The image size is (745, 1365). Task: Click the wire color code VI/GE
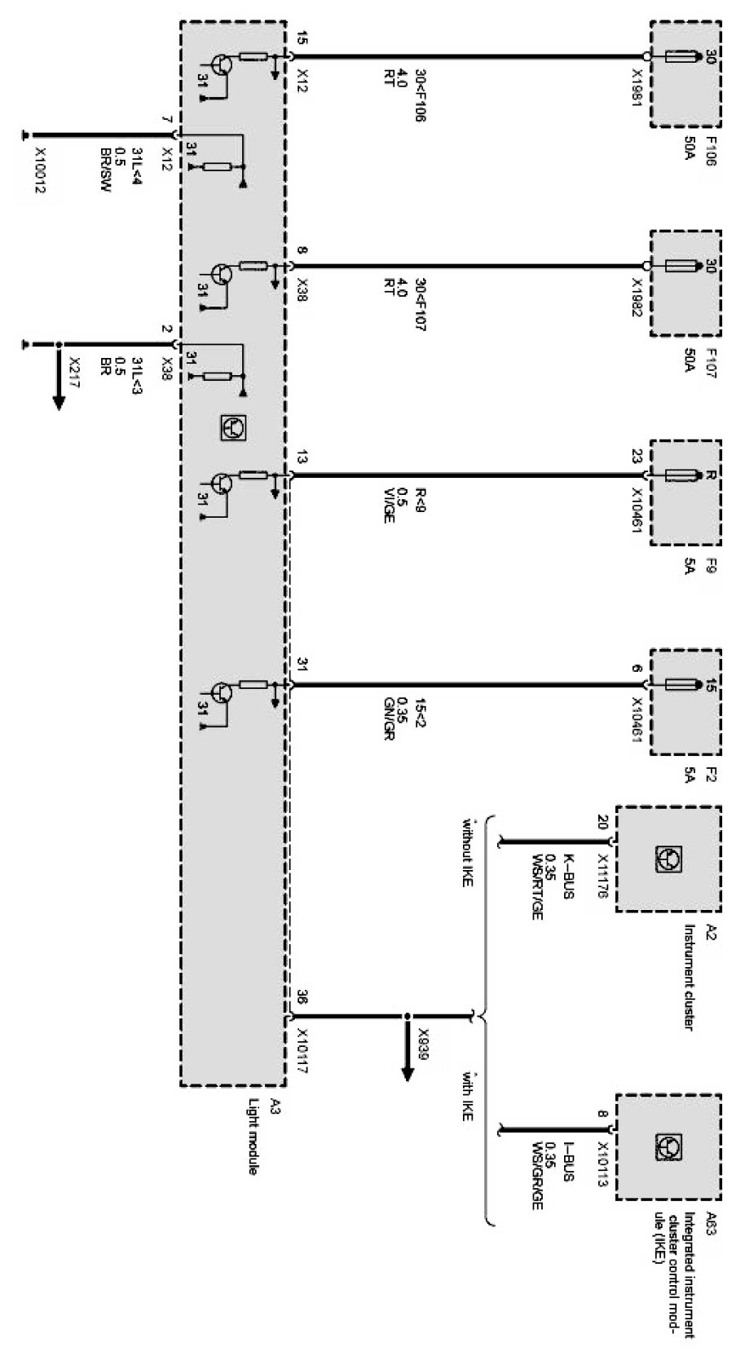point(389,506)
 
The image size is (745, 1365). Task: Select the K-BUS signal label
point(570,876)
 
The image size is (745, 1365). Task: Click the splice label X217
point(74,373)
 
